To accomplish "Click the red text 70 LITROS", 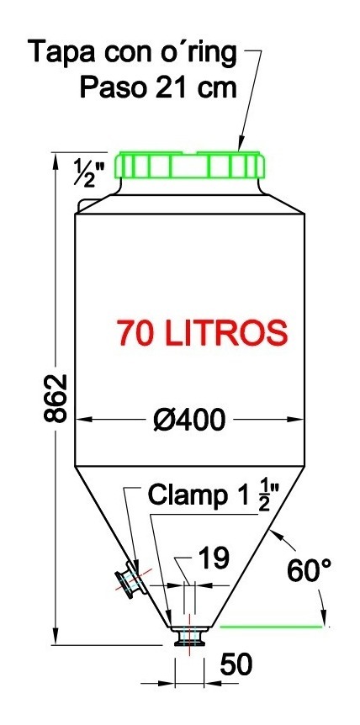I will tap(203, 332).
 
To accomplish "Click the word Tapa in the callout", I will tap(61, 53).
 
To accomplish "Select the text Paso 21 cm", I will tap(158, 87).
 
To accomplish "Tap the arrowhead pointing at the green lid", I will tap(241, 146).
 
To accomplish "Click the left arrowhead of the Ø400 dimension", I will tap(82, 418).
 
